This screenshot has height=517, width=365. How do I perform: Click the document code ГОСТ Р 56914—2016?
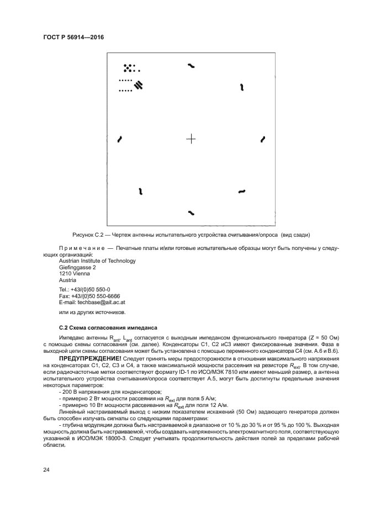point(73,38)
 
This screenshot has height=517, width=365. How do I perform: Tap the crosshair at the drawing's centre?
point(191,139)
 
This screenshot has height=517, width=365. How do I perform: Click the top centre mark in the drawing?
point(191,66)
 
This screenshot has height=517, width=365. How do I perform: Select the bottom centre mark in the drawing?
point(191,212)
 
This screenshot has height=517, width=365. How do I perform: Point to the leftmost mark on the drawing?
point(119,139)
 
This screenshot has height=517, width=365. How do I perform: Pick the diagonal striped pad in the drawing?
point(139,85)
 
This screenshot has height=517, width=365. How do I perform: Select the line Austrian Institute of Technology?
point(97,260)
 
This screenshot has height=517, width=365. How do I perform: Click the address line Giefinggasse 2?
point(77,267)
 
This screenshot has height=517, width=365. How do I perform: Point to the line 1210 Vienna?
point(74,273)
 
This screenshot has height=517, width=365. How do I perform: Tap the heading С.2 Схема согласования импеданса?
point(108,327)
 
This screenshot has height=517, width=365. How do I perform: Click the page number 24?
point(46,469)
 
